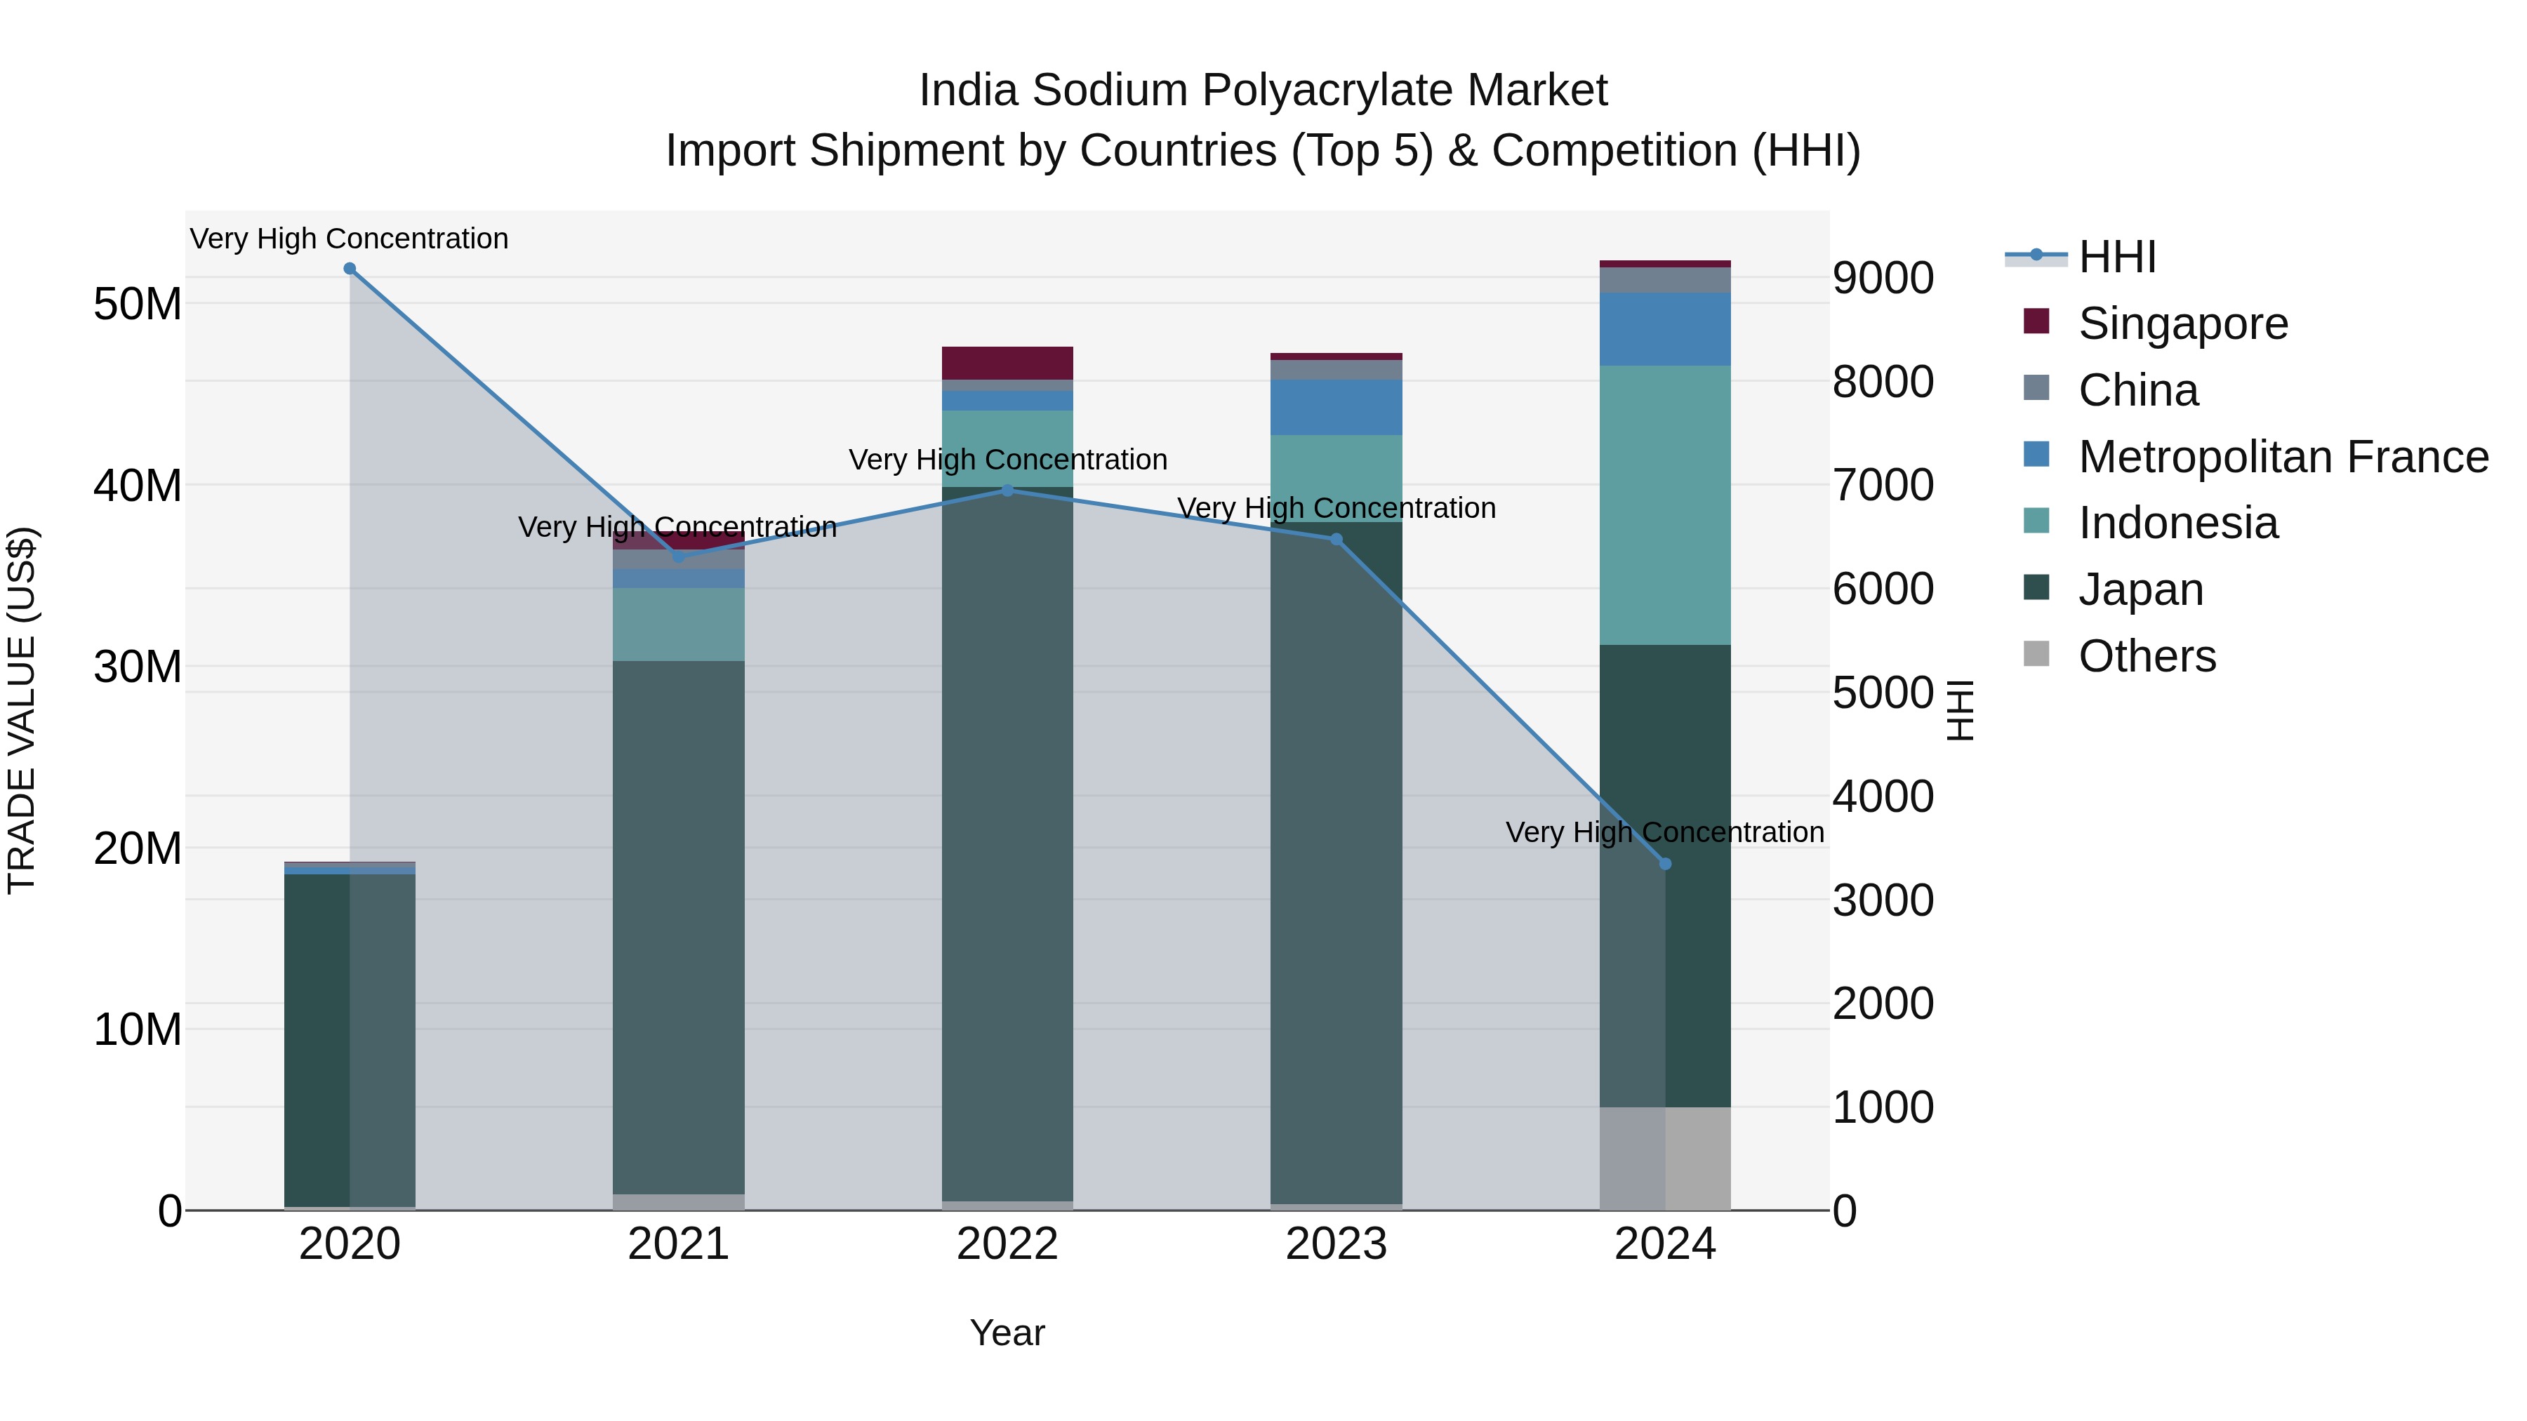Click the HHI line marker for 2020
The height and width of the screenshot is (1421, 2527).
(350, 269)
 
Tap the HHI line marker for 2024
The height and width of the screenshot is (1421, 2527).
(1665, 864)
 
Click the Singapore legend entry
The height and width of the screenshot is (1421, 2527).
(2182, 323)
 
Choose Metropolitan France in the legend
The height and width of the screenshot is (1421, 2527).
(2282, 457)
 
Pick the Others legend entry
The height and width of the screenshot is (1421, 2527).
(2147, 656)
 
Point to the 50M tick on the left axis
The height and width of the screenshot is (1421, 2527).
(138, 304)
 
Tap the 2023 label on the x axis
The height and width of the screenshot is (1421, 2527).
(1336, 1244)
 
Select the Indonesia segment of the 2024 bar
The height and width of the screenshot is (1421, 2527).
(1665, 505)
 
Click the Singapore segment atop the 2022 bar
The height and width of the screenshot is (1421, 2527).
(1007, 363)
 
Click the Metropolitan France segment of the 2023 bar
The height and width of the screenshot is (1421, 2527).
(1336, 407)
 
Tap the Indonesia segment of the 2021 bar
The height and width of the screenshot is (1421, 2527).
(679, 624)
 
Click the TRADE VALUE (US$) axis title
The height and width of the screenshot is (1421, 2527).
(22, 710)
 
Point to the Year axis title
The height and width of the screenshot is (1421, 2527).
(1007, 1333)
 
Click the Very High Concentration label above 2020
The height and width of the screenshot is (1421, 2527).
(350, 239)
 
